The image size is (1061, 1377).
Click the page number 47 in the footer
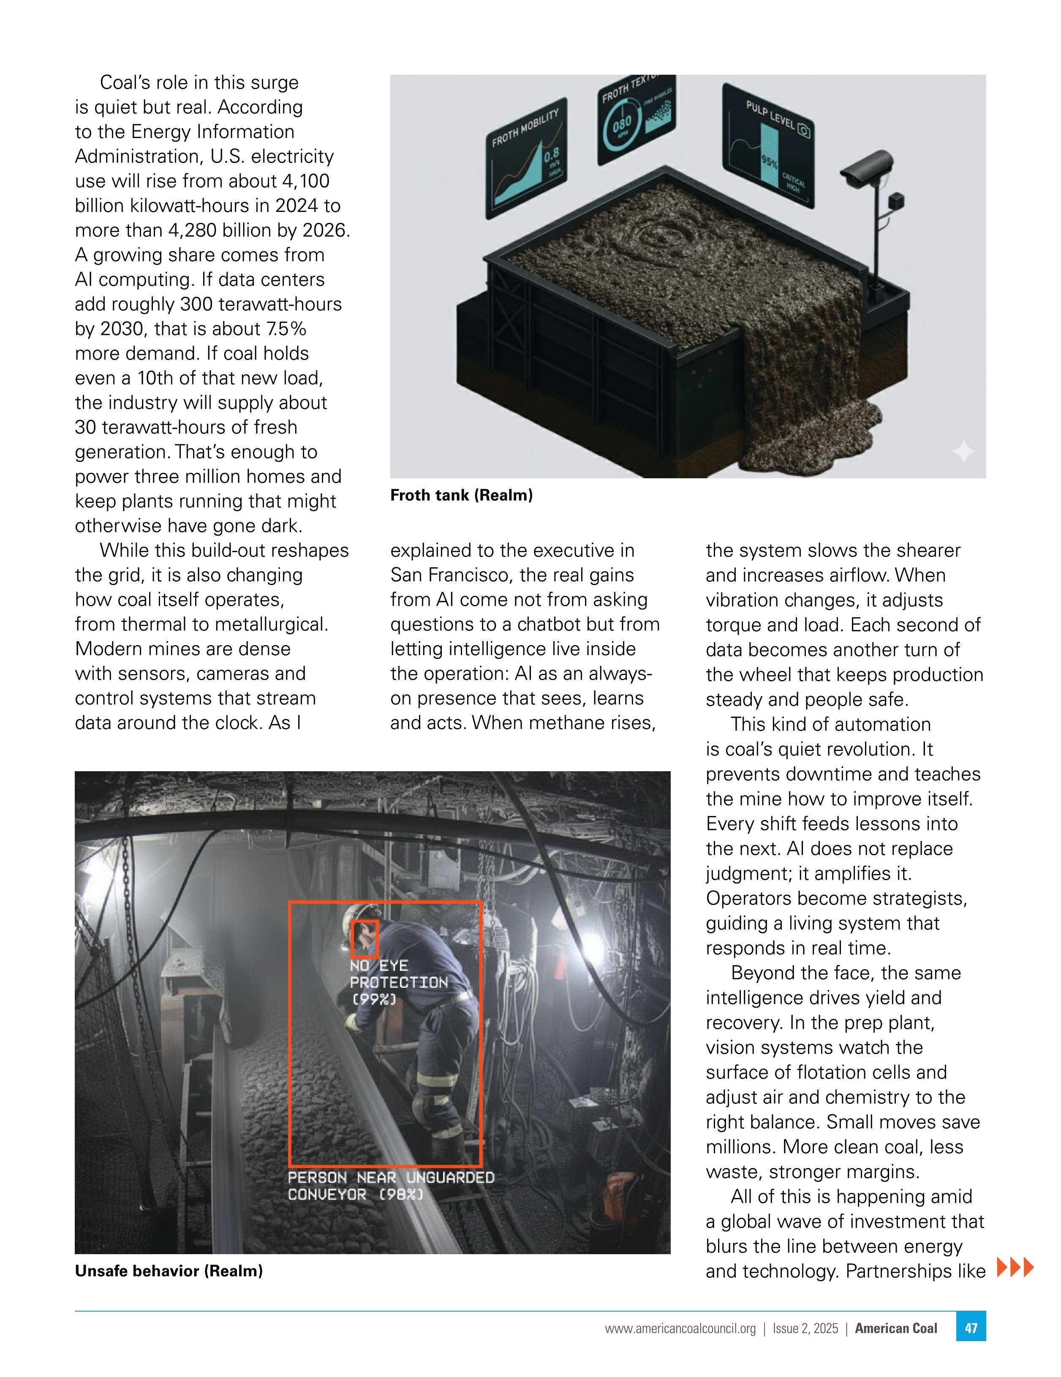point(970,1328)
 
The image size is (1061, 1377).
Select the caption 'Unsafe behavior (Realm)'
point(169,1271)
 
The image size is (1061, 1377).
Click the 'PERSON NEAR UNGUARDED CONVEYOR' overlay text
point(390,1186)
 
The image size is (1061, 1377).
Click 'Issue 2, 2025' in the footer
point(805,1328)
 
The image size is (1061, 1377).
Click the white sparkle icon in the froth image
point(963,451)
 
